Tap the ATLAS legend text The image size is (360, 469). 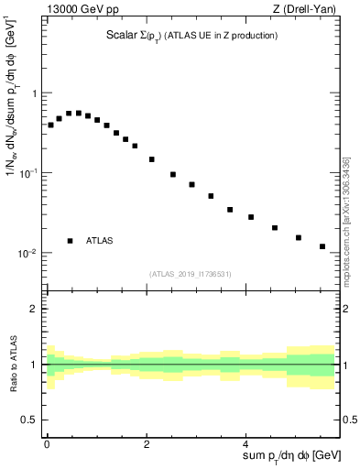pos(100,241)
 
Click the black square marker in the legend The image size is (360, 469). pos(70,241)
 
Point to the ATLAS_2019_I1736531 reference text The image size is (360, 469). pos(191,274)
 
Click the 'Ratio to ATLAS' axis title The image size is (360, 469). pos(16,365)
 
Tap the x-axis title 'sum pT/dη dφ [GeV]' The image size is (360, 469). pos(281,456)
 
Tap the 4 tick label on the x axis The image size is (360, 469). pos(247,442)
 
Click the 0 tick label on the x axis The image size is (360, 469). pos(47,442)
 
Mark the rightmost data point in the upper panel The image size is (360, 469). pos(322,246)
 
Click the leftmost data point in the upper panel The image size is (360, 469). pos(50,125)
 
